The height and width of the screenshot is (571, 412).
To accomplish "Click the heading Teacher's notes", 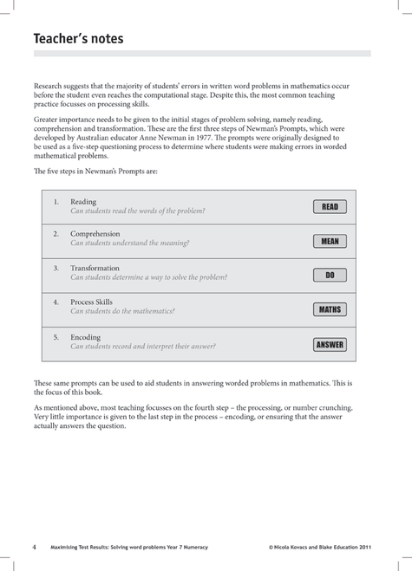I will click(x=78, y=38).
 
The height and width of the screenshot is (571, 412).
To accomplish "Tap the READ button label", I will click(x=330, y=207).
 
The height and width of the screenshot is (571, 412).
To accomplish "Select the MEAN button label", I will click(x=330, y=241).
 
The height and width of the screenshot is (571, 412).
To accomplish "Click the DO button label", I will click(x=330, y=276).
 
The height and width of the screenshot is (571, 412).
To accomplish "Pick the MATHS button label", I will click(x=330, y=309).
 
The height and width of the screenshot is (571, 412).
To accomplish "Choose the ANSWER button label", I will click(x=330, y=344).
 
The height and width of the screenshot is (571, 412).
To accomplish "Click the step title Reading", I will click(x=83, y=201).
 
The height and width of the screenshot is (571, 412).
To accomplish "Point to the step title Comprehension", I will click(x=95, y=234).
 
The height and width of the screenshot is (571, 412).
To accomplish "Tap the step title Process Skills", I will click(x=92, y=302).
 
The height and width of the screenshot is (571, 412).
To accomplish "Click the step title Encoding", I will click(x=85, y=336).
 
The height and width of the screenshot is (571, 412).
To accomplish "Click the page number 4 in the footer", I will click(x=34, y=548).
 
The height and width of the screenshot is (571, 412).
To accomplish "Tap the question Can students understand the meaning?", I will click(x=129, y=243).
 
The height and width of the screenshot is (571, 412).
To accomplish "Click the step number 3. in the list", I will click(x=56, y=269).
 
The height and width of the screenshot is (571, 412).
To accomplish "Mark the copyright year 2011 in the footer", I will click(x=370, y=548).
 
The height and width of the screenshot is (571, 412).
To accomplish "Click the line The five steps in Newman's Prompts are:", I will click(x=95, y=171).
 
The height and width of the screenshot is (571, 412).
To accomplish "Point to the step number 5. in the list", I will click(x=56, y=336).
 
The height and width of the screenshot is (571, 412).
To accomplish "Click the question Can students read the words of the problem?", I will click(x=137, y=211).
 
